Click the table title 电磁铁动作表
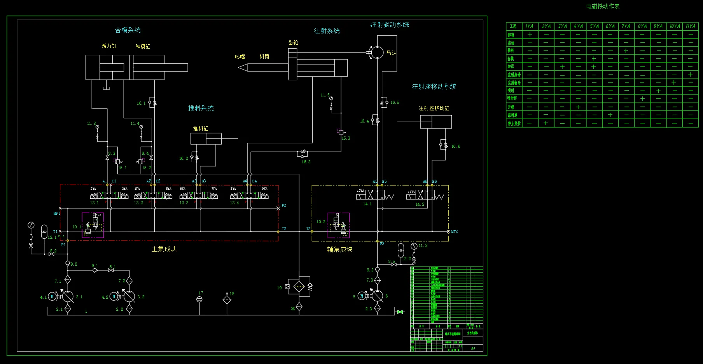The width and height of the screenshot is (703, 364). click(603, 6)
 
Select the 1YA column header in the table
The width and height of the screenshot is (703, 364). click(529, 26)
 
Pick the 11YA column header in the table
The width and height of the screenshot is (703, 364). click(690, 26)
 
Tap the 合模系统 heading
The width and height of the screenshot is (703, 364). click(128, 30)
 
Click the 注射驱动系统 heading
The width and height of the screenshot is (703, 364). click(390, 24)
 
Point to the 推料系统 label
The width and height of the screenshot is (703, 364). click(201, 108)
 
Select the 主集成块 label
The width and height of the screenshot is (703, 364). click(164, 249)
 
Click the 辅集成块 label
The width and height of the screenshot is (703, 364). click(340, 249)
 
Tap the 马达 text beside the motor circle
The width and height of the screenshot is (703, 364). click(391, 53)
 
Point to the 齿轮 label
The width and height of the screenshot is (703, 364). click(293, 42)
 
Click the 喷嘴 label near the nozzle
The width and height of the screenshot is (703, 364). click(240, 57)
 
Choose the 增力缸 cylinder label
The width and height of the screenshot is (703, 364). click(109, 46)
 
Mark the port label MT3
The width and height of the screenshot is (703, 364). click(454, 232)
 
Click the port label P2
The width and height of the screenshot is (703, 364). click(284, 205)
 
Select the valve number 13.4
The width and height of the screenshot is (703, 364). click(234, 203)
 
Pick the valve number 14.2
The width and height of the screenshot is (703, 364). click(420, 204)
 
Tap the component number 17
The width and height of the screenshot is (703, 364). click(201, 293)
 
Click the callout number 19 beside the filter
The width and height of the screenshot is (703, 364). click(279, 288)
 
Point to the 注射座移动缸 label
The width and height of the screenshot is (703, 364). click(434, 108)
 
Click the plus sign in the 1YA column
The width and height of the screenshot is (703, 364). click(530, 34)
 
